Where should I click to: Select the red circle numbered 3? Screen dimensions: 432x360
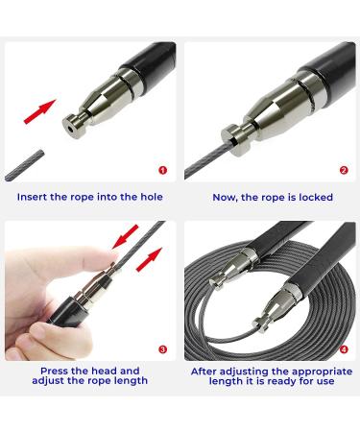coord(163,351)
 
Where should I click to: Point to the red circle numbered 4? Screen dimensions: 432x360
coord(344,351)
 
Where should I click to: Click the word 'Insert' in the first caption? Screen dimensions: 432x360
coord(36,197)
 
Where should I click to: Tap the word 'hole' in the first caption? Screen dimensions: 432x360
coord(148,197)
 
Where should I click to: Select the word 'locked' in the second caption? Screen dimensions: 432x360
coord(313,197)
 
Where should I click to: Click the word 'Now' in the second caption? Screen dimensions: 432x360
coord(221,197)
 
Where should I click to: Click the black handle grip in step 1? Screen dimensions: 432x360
coord(154,60)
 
